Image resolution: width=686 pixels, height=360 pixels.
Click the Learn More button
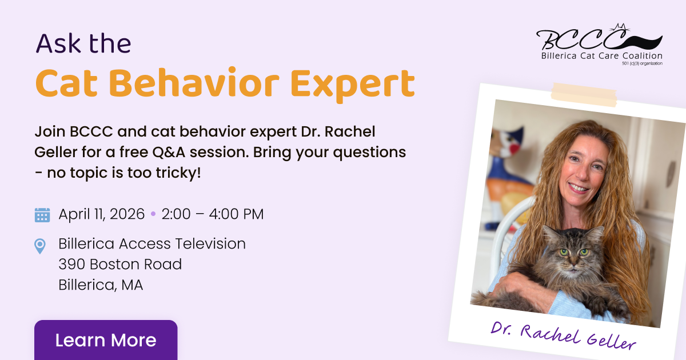tap(106, 340)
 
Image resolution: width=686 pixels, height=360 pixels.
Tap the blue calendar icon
tap(42, 215)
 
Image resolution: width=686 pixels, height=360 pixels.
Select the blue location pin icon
tap(40, 246)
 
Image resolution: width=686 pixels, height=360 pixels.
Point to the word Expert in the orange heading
tap(352, 83)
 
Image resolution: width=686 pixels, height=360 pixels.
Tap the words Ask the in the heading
tap(83, 43)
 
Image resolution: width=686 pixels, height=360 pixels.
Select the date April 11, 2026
tap(101, 214)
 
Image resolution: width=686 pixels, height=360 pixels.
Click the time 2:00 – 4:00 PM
tap(213, 214)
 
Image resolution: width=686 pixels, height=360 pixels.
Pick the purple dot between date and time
tap(153, 214)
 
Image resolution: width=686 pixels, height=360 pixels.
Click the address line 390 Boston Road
tap(120, 264)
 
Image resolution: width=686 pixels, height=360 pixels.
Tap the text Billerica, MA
tap(101, 285)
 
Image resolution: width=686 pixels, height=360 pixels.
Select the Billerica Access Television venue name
tap(152, 243)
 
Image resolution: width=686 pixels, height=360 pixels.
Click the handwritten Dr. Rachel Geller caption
tap(564, 336)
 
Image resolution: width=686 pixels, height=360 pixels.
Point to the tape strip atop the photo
tap(584, 95)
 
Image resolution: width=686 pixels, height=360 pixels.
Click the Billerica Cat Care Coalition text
tap(602, 56)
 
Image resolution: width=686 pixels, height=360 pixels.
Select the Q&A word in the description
tap(169, 152)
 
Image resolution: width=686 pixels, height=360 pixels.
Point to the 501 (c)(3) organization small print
tap(642, 63)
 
